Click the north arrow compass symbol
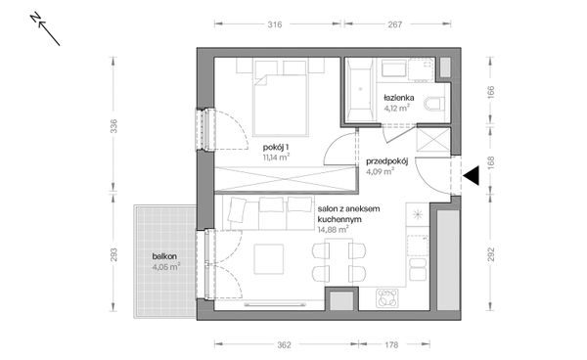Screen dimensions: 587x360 tap(45, 29)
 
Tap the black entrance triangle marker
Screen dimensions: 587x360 tap(471, 175)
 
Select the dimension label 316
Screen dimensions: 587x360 tap(275, 24)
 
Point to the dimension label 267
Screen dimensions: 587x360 tap(394, 24)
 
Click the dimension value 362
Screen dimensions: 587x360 tap(284, 344)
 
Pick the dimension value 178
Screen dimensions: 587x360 tap(391, 344)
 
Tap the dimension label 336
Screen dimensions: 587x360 tap(113, 126)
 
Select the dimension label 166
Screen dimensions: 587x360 tap(491, 92)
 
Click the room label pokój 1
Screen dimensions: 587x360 tap(276, 147)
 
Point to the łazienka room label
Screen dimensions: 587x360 tap(399, 98)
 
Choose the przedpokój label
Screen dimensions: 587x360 tap(387, 161)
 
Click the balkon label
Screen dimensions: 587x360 tap(164, 256)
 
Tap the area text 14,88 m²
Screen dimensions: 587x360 tap(334, 229)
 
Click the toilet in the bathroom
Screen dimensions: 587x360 tap(434, 103)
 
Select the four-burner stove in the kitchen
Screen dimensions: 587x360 tap(387, 298)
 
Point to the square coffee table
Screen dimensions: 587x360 tap(269, 258)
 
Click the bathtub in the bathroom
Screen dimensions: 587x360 tap(359, 90)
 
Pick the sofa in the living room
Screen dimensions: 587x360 tap(268, 212)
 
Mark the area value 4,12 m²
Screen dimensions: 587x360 tap(396, 109)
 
